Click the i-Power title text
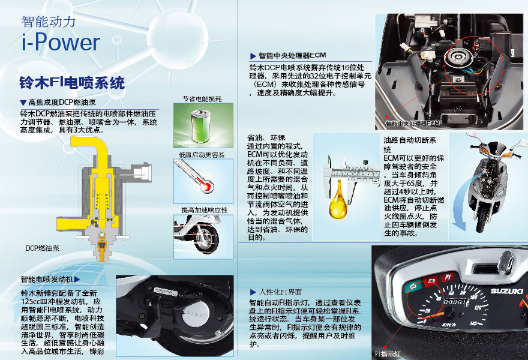pos(61,42)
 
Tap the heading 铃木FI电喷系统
pos(72,83)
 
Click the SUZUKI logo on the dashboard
pos(506,291)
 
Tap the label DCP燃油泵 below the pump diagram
pos(43,248)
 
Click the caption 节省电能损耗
pos(202,99)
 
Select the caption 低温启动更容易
pos(202,155)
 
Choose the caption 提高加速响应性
pos(205,210)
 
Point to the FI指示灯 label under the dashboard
pos(388,354)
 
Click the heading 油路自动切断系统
pos(410,145)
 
